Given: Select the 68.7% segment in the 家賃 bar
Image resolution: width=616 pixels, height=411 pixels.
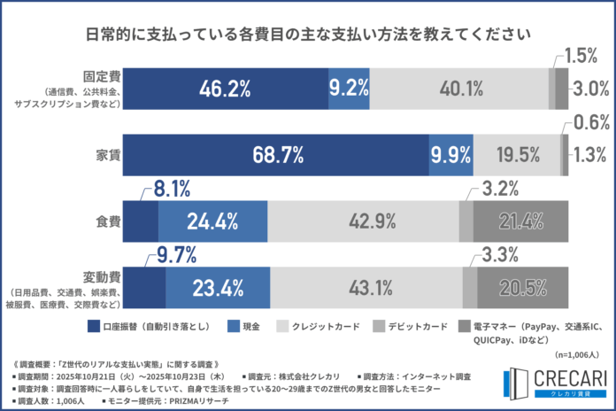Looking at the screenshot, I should click(274, 155).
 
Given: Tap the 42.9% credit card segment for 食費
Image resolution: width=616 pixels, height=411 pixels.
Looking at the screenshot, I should click(363, 221).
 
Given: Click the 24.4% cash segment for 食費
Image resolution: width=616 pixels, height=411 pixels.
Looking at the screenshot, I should click(212, 221).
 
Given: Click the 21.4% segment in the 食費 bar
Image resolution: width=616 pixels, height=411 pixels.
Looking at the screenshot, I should click(520, 221).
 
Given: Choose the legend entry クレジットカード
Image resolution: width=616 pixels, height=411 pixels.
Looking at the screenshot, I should click(325, 326).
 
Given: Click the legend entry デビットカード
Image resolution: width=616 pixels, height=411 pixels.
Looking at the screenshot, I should click(416, 326).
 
